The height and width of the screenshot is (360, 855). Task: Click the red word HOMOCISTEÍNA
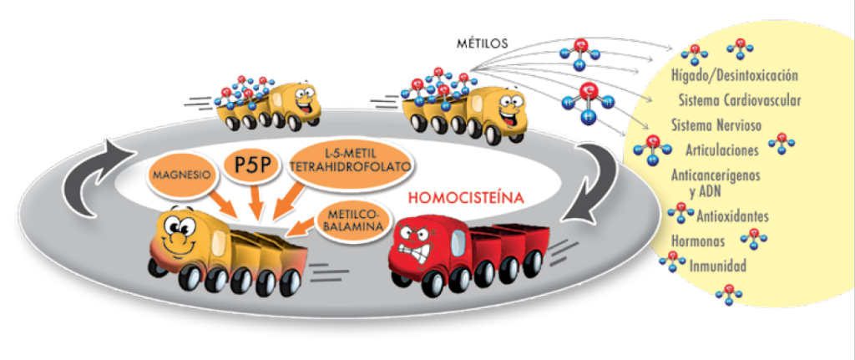pos(466,197)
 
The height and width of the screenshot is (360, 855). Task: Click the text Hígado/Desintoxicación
pos(735,75)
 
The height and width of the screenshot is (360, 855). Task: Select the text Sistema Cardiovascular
pos(740,101)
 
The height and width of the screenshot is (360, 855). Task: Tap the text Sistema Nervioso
pos(716,125)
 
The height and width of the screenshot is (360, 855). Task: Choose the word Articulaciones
pos(722,150)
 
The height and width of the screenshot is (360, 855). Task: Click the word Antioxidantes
pos(732,216)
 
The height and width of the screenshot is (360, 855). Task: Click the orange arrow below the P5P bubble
pos(253,199)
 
